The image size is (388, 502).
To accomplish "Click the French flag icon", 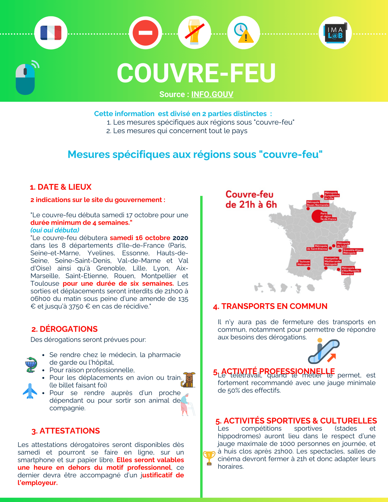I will click(x=51, y=33).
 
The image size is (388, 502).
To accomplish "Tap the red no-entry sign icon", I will click(x=145, y=33).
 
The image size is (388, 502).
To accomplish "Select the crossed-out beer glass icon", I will click(x=195, y=33).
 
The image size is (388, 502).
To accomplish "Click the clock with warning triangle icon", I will click(x=244, y=33).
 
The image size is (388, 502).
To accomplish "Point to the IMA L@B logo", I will click(x=335, y=33).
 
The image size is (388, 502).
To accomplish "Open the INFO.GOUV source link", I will click(x=212, y=94).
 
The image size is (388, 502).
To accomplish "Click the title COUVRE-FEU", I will click(x=196, y=73).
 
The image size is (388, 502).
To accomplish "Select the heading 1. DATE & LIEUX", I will click(x=61, y=187).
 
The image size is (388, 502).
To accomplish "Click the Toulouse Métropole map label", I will click(x=304, y=263).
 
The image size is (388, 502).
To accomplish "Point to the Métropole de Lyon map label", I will click(x=343, y=245).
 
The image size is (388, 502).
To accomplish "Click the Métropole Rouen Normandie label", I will click(x=318, y=203).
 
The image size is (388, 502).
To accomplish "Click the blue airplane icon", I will click(x=30, y=391).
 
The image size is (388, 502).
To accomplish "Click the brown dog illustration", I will click(x=189, y=380).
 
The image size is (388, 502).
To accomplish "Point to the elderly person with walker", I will click(x=187, y=404).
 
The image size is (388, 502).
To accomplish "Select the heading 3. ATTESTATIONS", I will click(x=66, y=431).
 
